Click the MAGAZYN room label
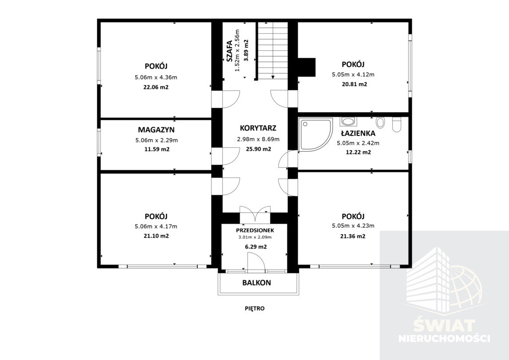(x=156, y=130)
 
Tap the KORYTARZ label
(x=258, y=128)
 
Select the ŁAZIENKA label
(x=358, y=133)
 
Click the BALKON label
(x=256, y=283)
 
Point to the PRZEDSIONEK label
(x=255, y=231)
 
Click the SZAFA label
(x=229, y=51)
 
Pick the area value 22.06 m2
(x=156, y=87)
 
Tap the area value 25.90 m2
(x=258, y=149)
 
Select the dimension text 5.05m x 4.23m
(x=353, y=226)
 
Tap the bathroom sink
(x=348, y=122)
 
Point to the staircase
(x=273, y=50)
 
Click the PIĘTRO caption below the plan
(x=255, y=308)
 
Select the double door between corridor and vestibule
(x=255, y=214)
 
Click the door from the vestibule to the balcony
(x=255, y=262)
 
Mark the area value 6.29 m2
(x=256, y=247)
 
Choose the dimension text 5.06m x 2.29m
(x=157, y=140)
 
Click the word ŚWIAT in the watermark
(x=444, y=326)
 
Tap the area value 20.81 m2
(x=354, y=84)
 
